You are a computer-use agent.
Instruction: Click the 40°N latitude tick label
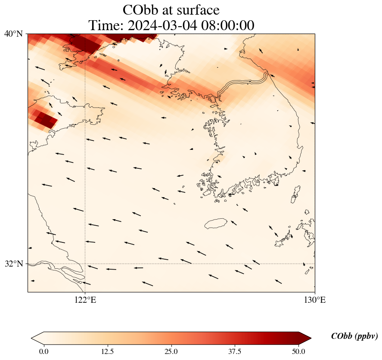coord(13,34)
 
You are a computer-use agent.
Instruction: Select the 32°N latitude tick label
coord(13,264)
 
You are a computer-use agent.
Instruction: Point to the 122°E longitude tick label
coord(85,300)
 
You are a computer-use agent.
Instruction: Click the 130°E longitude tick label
coord(315,300)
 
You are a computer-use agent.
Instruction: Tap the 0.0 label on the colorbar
coord(43,351)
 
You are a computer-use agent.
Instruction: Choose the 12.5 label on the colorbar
coord(107,351)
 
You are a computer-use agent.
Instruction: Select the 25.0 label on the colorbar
coord(171,351)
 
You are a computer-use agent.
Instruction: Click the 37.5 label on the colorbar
coord(235,351)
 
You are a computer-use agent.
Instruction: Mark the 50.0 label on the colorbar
coord(298,351)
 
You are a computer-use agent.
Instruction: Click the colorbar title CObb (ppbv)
coord(354,336)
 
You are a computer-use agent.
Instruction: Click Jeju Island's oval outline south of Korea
coord(216,223)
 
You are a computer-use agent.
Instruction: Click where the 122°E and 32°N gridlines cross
coord(85,264)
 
